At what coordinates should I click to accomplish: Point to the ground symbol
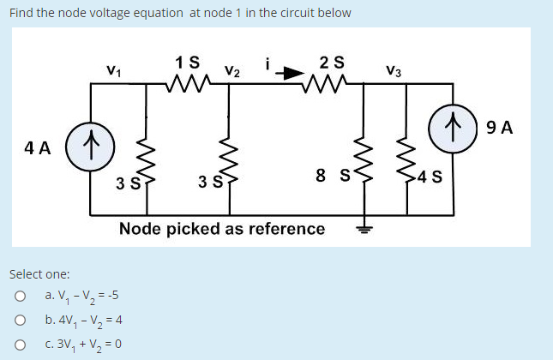364,226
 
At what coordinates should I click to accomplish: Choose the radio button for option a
19,297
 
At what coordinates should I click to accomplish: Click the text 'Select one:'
39,274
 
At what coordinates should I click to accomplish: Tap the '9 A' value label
499,128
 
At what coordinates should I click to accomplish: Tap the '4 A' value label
38,147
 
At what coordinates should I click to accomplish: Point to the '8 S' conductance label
332,177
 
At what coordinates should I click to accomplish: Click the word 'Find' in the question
22,13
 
